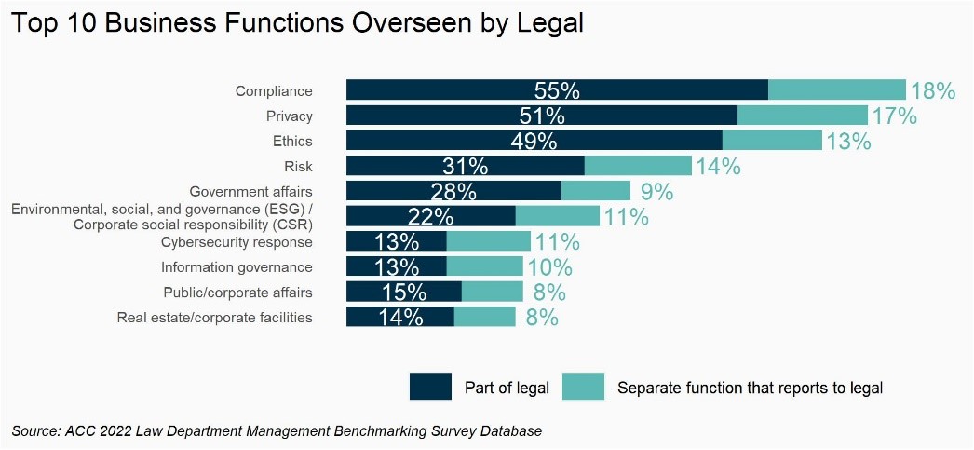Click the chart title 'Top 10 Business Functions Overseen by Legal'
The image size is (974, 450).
click(297, 23)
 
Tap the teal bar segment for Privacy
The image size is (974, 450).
click(802, 116)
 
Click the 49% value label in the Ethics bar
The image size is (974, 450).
click(534, 142)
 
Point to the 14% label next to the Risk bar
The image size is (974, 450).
click(718, 167)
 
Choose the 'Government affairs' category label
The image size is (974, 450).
click(250, 192)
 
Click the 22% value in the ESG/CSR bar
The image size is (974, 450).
click(431, 217)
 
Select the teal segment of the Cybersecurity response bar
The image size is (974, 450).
click(488, 242)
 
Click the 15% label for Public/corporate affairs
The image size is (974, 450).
click(404, 293)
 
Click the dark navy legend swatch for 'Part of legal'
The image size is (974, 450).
click(430, 387)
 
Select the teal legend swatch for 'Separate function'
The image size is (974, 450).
click(583, 387)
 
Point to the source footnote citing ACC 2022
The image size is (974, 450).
click(277, 431)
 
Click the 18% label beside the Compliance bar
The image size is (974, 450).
click(933, 90)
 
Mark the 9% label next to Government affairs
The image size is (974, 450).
click(656, 192)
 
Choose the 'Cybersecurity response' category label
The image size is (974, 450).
click(237, 242)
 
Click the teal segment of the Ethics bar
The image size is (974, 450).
click(772, 141)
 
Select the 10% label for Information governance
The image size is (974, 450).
click(549, 267)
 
